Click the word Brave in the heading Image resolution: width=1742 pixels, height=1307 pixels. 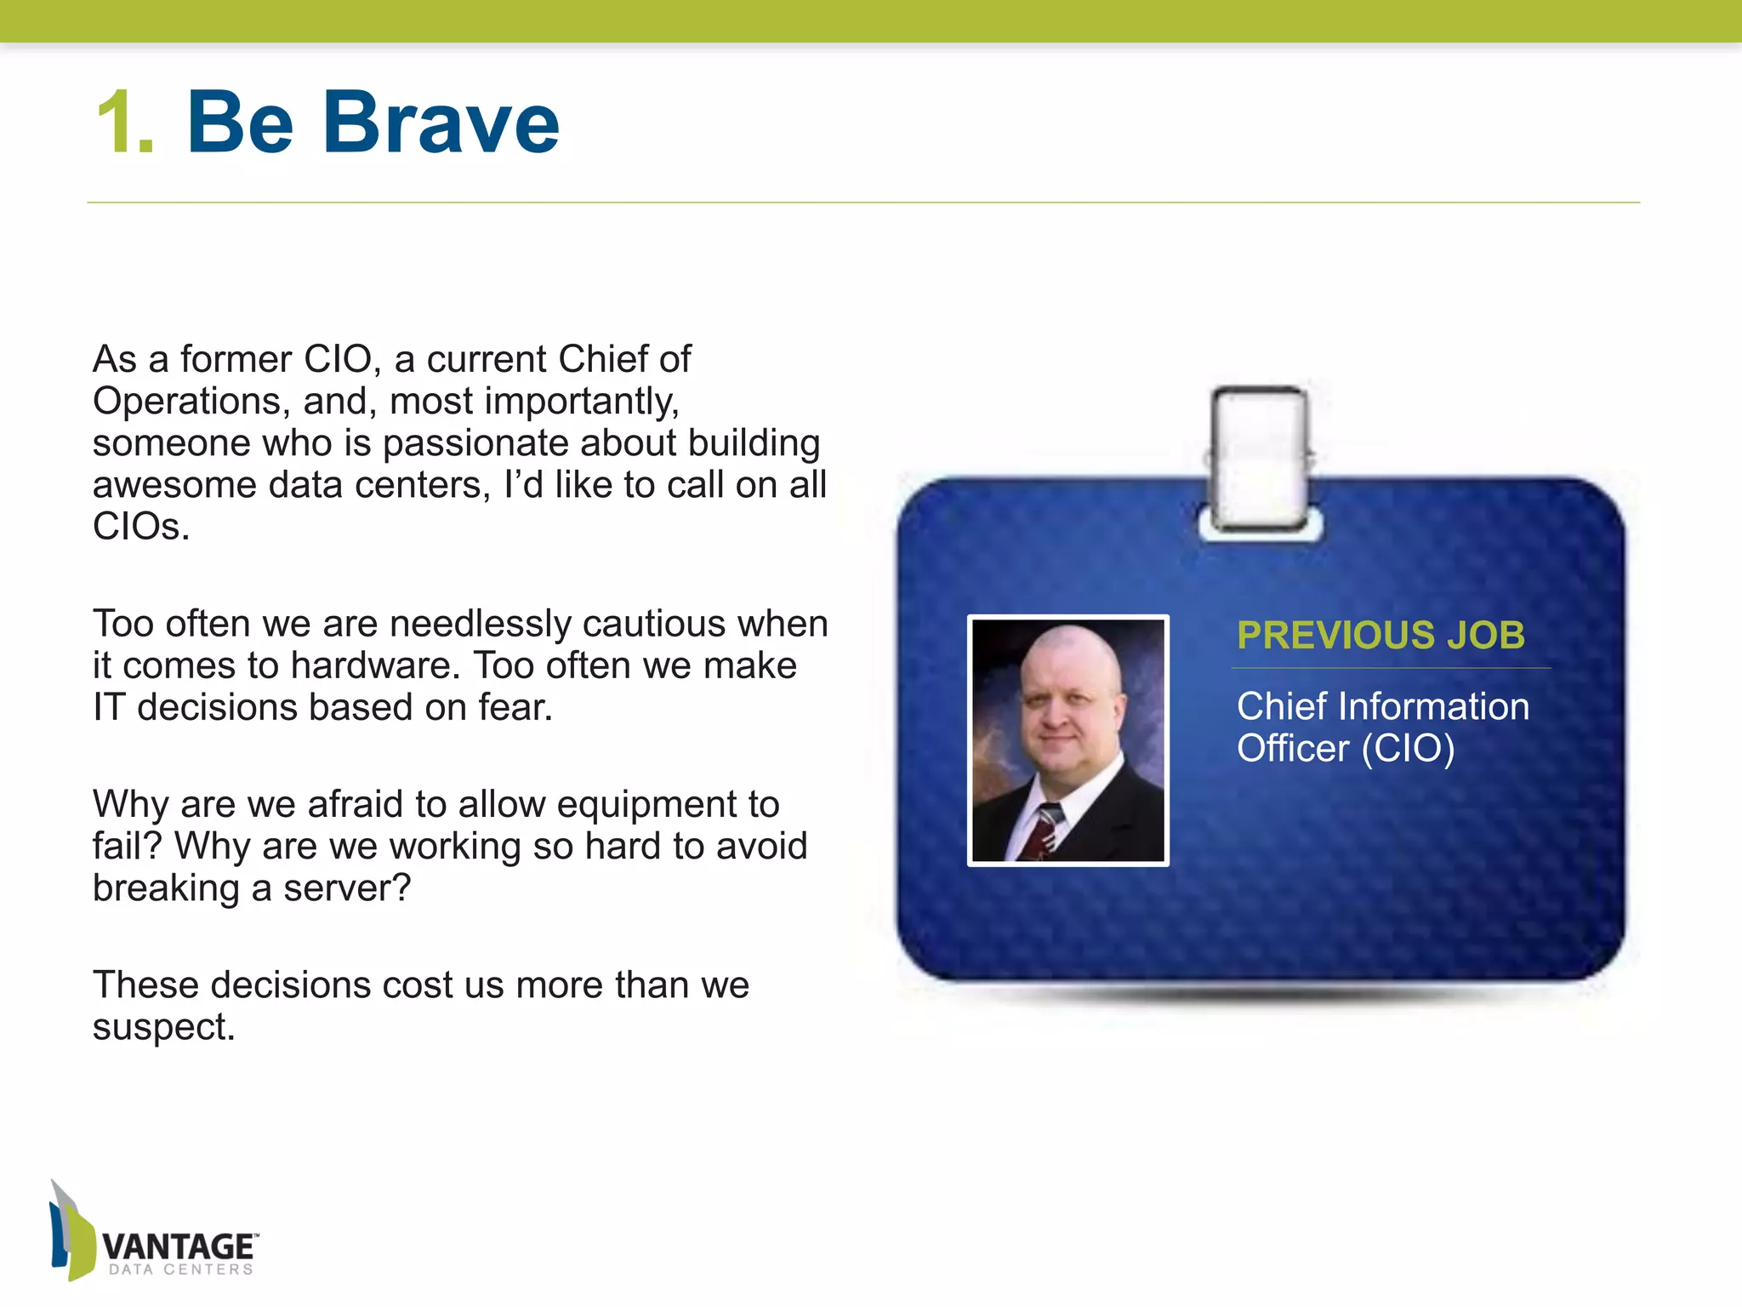coord(441,124)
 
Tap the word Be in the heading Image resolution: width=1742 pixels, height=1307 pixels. coord(240,124)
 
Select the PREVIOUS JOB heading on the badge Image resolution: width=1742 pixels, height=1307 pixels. coord(1381,636)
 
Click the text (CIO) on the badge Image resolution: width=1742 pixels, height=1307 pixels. coord(1408,749)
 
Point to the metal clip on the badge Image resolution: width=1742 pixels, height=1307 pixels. coord(1260,459)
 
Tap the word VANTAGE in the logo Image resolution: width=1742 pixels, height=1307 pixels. coord(178,1247)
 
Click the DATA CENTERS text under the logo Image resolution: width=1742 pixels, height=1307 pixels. coord(181,1270)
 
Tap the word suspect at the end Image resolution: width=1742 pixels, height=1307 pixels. coord(162,1027)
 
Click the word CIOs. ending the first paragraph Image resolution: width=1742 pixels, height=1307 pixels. coord(140,527)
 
